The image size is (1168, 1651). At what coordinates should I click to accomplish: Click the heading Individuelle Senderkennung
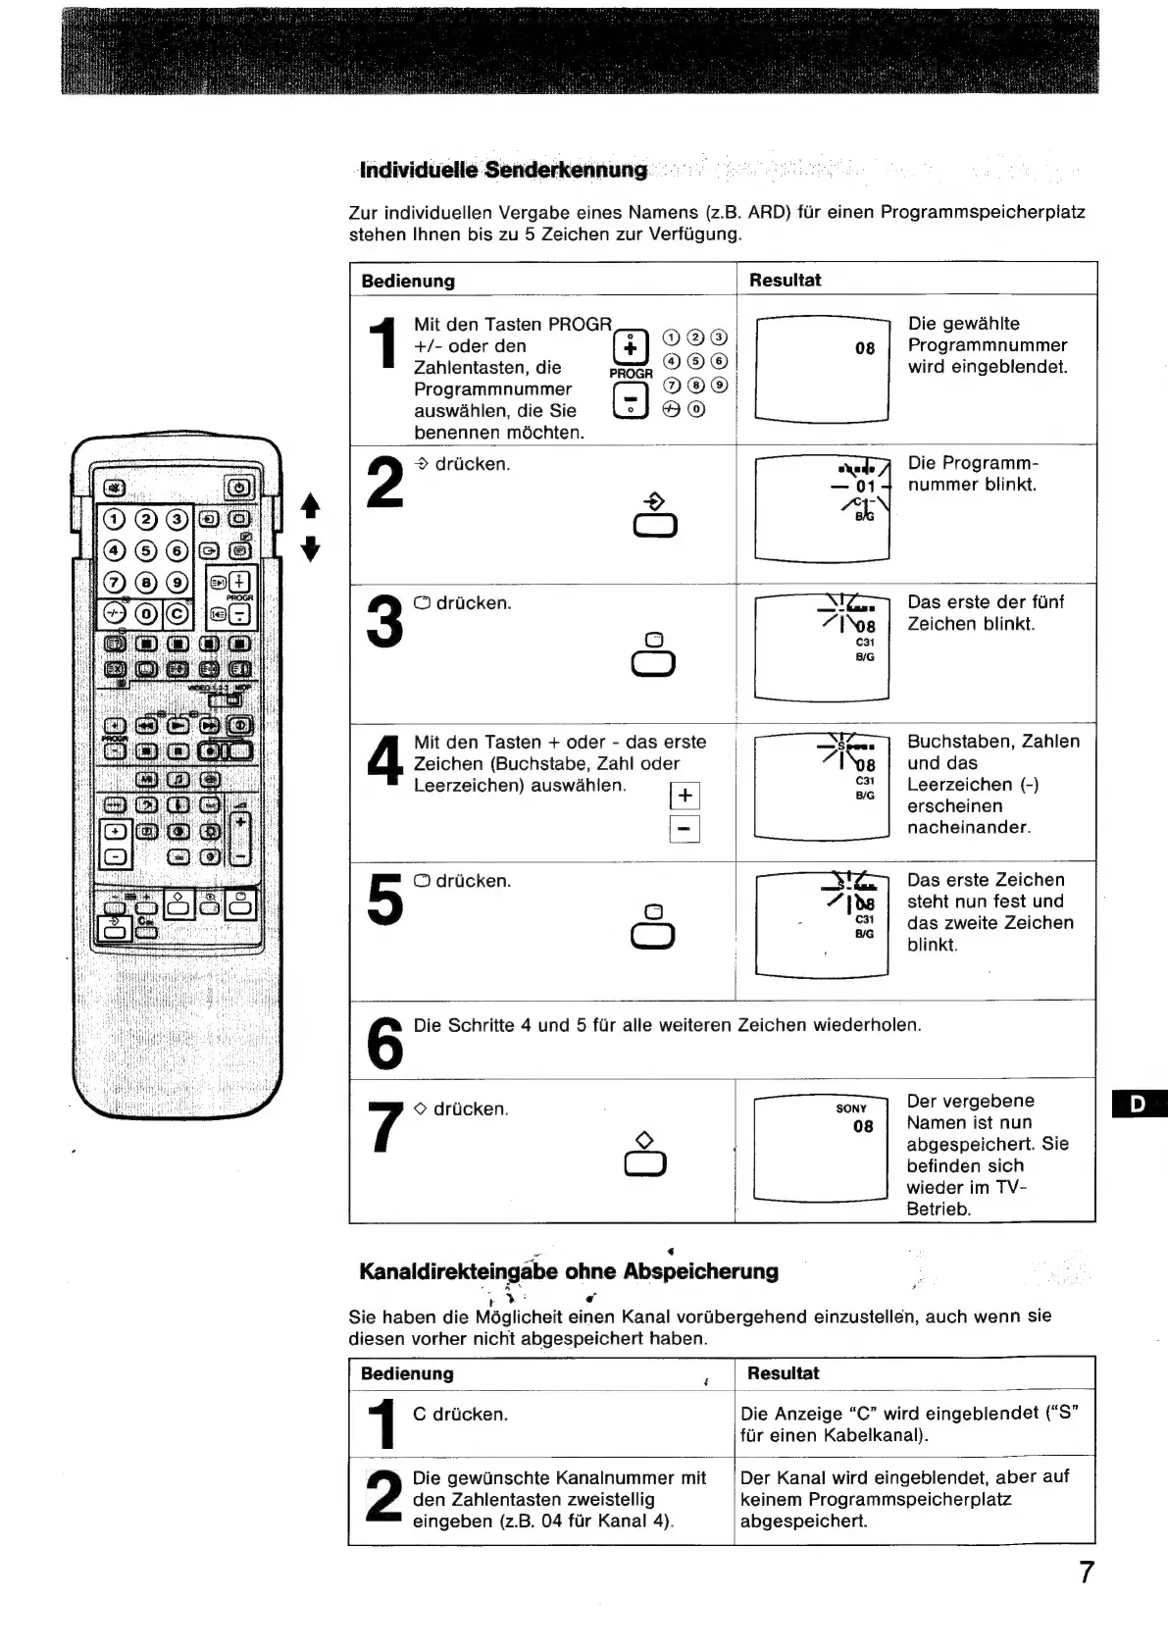coord(504,170)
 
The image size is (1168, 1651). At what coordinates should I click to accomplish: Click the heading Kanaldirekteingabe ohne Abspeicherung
coord(569,1271)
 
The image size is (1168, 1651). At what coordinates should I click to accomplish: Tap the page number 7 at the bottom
coord(1086,1572)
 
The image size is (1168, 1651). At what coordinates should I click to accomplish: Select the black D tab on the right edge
coord(1140,1104)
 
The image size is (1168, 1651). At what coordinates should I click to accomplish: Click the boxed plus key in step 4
coord(684,795)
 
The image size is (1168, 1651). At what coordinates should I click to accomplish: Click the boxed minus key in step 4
coord(684,830)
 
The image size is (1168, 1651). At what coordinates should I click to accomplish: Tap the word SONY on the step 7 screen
coord(851,1109)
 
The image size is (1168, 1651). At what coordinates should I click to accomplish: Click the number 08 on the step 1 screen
coord(865,348)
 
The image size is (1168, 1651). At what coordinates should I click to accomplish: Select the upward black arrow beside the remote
coord(310,506)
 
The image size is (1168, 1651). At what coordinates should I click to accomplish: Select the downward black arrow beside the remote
coord(310,548)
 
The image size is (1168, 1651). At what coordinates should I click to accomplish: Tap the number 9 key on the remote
coord(178,583)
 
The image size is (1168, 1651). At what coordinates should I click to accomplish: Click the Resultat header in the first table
coord(785,280)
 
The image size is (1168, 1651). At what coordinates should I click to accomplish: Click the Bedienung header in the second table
coord(407,1373)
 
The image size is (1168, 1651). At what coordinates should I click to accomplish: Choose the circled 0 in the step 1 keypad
coord(696,409)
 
